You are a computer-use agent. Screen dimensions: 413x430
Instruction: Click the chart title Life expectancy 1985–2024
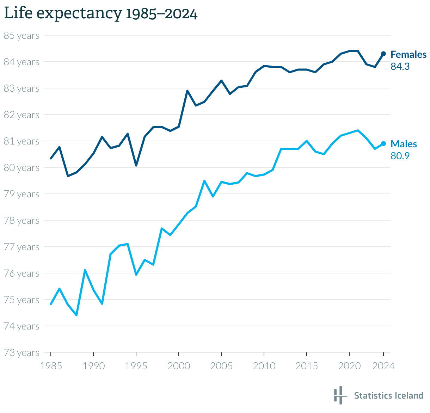pyautogui.click(x=100, y=13)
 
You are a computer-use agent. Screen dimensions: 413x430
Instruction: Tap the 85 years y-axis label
pyautogui.click(x=21, y=36)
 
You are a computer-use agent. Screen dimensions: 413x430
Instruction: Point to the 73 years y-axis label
pyautogui.click(x=21, y=353)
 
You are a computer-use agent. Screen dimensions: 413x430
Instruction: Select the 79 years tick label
pyautogui.click(x=21, y=194)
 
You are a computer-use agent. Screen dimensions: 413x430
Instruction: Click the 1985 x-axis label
pyautogui.click(x=51, y=366)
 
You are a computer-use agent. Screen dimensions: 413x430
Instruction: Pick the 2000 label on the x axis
pyautogui.click(x=179, y=366)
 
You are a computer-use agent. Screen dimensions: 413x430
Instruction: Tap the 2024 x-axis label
pyautogui.click(x=383, y=366)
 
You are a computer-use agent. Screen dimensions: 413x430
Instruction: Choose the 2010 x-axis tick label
pyautogui.click(x=264, y=366)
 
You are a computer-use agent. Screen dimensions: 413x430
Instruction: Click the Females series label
pyautogui.click(x=408, y=55)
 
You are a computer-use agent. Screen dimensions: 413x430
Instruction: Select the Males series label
pyautogui.click(x=404, y=144)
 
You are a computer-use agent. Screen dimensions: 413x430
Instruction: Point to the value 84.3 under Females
pyautogui.click(x=400, y=66)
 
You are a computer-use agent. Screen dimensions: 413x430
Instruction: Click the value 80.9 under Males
pyautogui.click(x=400, y=156)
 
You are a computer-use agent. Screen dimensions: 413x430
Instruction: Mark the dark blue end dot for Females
pyautogui.click(x=383, y=54)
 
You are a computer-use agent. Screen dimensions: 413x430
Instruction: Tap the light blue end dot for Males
pyautogui.click(x=383, y=144)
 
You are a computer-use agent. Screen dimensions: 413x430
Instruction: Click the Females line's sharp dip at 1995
pyautogui.click(x=136, y=165)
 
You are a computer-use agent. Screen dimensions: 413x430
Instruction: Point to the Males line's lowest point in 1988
pyautogui.click(x=76, y=315)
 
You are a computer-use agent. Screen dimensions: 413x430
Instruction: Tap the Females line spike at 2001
pyautogui.click(x=187, y=91)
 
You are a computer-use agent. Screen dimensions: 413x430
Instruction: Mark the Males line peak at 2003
pyautogui.click(x=204, y=181)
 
